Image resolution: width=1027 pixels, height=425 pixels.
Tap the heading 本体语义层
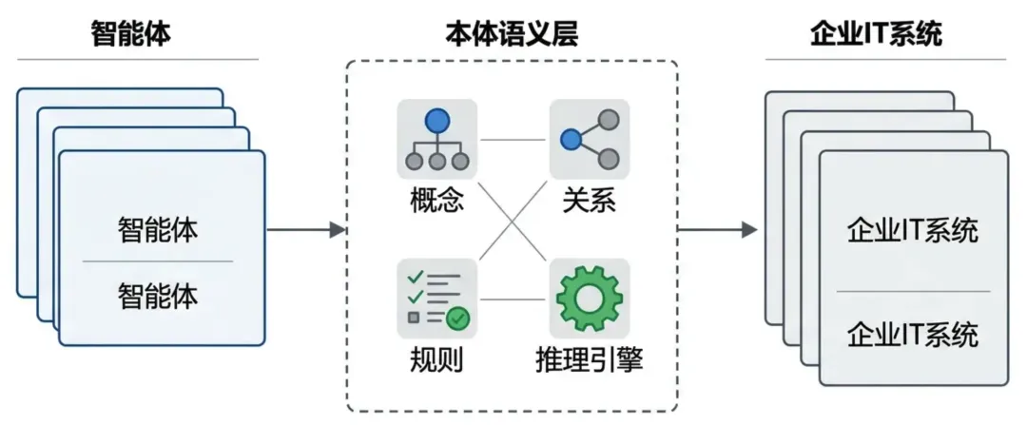[x=512, y=34]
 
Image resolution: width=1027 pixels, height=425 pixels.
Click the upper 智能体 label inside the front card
[x=158, y=231]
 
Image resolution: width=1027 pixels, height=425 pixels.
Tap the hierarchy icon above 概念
[x=436, y=141]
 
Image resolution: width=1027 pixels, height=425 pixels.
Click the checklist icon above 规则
[x=436, y=298]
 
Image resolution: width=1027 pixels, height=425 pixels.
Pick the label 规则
[x=436, y=360]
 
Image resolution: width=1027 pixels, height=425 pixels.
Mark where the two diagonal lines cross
[x=513, y=220]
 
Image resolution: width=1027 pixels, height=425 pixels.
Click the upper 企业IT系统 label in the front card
[x=913, y=231]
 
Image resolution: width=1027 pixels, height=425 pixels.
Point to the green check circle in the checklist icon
[x=457, y=319]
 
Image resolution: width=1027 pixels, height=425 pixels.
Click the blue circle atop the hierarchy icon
[x=436, y=121]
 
